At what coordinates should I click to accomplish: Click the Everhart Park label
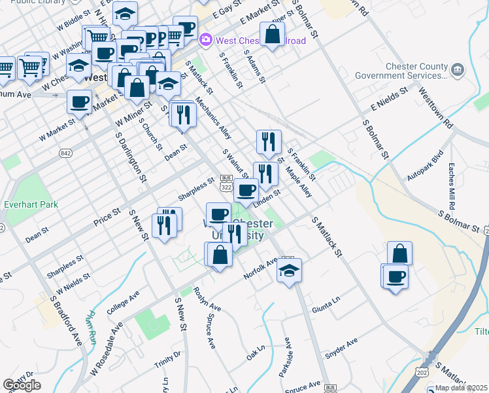pyautogui.click(x=31, y=204)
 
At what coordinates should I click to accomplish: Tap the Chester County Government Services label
pyautogui.click(x=401, y=71)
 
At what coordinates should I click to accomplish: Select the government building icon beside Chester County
pyautogui.click(x=457, y=68)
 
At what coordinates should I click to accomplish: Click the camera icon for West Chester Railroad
pyautogui.click(x=206, y=40)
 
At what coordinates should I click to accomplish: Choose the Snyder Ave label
pyautogui.click(x=342, y=350)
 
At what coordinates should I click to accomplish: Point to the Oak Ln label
pyautogui.click(x=254, y=354)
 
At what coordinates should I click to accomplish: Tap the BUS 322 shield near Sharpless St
pyautogui.click(x=226, y=183)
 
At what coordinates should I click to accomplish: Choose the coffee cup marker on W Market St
pyautogui.click(x=80, y=102)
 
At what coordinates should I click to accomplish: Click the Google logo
pyautogui.click(x=22, y=384)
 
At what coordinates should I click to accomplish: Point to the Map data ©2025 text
pyautogui.click(x=461, y=388)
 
